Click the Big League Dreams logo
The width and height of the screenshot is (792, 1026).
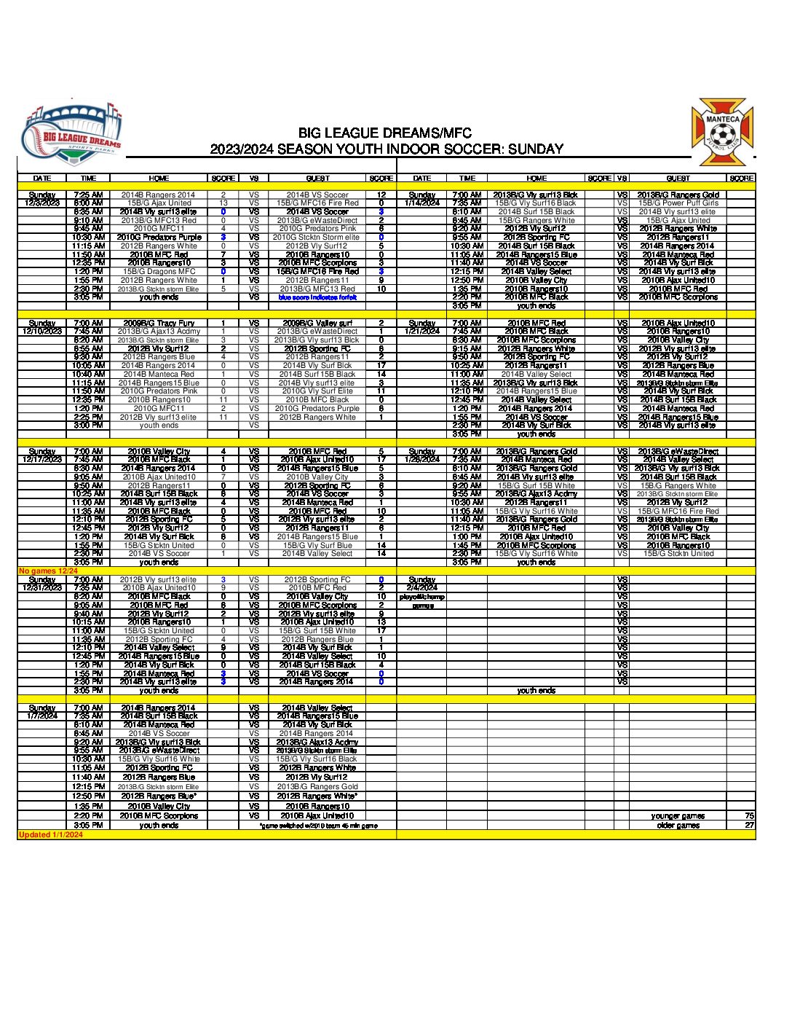click(x=71, y=137)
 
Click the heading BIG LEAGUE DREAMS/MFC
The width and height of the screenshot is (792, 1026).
click(x=385, y=133)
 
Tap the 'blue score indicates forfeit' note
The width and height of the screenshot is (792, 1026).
click(x=317, y=297)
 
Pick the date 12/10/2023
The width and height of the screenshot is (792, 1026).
click(x=42, y=332)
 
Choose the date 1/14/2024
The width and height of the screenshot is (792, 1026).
click(x=422, y=203)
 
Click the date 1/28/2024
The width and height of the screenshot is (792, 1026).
click(x=422, y=460)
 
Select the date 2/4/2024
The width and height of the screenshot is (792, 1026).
click(x=422, y=588)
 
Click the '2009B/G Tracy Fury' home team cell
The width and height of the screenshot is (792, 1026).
click(x=159, y=323)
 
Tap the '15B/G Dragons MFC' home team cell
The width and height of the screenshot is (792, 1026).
click(x=159, y=272)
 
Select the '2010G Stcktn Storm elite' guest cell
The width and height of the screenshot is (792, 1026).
click(x=317, y=238)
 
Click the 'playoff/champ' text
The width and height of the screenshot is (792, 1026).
click(x=422, y=597)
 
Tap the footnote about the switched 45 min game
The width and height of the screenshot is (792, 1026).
click(x=319, y=826)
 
